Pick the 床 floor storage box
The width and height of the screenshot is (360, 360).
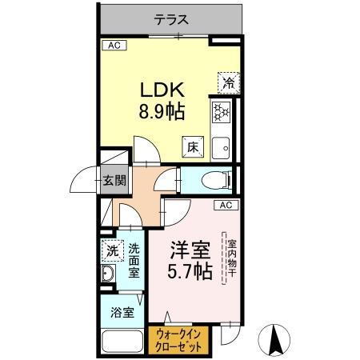pos(194,147)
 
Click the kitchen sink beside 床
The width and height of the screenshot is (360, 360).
pos(222,147)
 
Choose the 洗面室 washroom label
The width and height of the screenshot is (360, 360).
pos(134,260)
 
